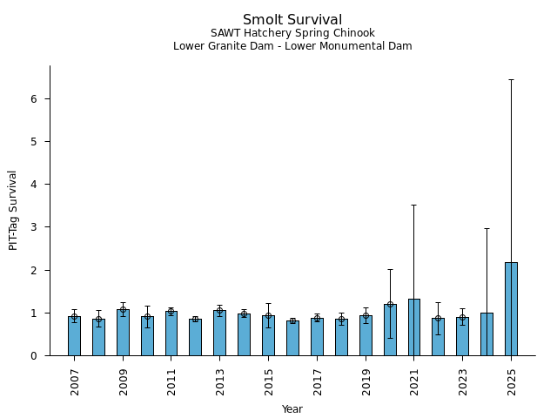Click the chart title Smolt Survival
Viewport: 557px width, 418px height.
click(x=292, y=20)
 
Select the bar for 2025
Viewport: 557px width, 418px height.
click(x=511, y=309)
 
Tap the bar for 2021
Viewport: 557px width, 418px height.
click(x=413, y=327)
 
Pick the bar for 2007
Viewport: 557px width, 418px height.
click(x=74, y=336)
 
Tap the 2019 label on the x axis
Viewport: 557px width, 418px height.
click(x=366, y=381)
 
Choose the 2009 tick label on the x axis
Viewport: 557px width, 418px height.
click(x=123, y=381)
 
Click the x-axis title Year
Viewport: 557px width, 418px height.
click(x=292, y=409)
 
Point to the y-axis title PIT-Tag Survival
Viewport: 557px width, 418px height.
click(x=13, y=210)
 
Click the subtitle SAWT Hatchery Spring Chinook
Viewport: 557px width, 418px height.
click(x=292, y=34)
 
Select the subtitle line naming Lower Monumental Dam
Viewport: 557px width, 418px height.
click(x=292, y=46)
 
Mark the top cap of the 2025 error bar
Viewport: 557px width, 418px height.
click(x=511, y=79)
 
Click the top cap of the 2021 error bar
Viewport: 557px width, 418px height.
click(x=413, y=205)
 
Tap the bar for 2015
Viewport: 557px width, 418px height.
click(x=268, y=335)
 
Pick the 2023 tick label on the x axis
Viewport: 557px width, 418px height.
click(x=462, y=381)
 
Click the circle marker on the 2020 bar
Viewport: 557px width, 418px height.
click(x=390, y=304)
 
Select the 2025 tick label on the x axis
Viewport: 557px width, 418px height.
click(x=511, y=381)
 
